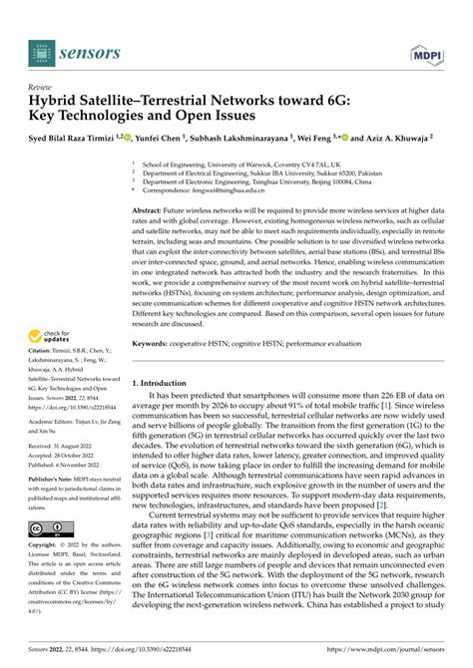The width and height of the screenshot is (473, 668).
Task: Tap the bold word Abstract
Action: tap(150, 212)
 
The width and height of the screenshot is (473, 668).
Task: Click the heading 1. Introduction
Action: tap(165, 381)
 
